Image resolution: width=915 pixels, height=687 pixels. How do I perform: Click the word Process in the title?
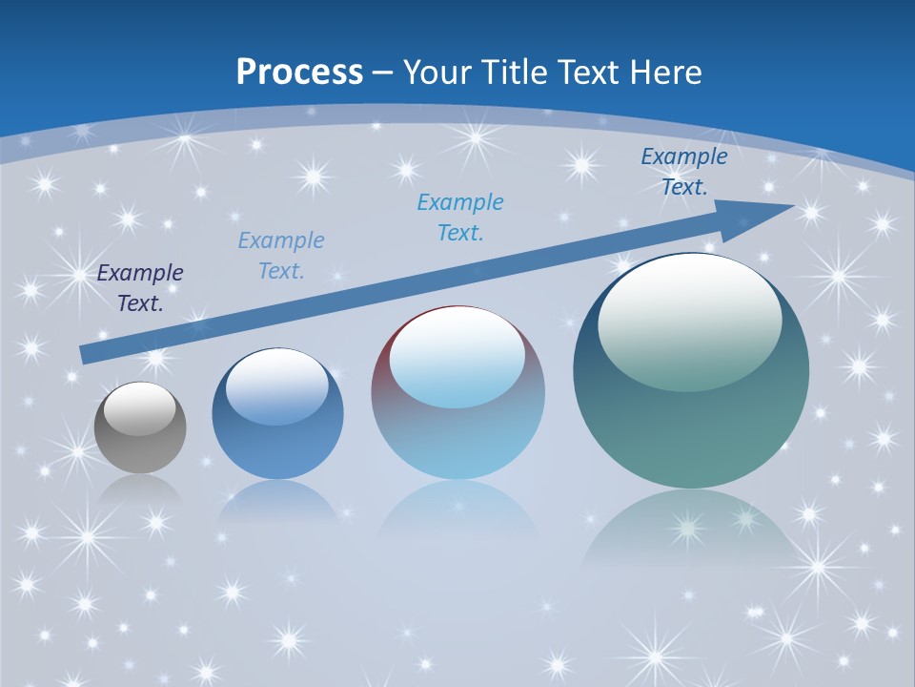(x=299, y=73)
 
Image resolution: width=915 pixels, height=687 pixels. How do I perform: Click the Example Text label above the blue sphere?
(x=281, y=256)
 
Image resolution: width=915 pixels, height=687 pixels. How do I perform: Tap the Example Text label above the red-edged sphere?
(x=460, y=217)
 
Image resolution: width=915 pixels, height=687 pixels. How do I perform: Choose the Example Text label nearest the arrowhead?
(x=684, y=172)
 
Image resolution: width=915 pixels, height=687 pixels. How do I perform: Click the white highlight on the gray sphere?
(x=140, y=408)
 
